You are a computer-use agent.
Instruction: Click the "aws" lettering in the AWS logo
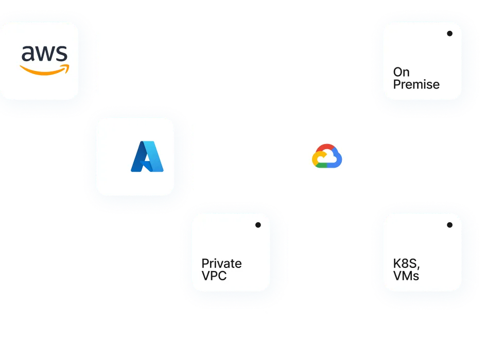tap(45, 54)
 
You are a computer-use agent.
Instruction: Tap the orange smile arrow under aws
tap(44, 70)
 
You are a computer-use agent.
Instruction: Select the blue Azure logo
tap(147, 156)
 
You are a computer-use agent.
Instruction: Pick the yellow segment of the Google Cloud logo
tap(315, 159)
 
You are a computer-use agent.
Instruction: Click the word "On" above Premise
tap(401, 72)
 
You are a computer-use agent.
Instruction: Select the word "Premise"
tap(416, 84)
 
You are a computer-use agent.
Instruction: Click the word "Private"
tap(221, 263)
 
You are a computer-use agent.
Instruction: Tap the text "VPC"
tap(214, 276)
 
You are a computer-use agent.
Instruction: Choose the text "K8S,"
tap(407, 263)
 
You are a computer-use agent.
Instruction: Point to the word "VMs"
tap(406, 276)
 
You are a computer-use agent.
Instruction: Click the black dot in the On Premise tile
tap(449, 33)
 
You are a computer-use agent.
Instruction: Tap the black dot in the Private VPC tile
tap(258, 225)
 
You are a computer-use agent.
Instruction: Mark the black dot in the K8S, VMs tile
tap(449, 225)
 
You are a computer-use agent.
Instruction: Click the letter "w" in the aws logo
tap(45, 54)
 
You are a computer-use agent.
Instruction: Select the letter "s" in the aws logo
tap(61, 54)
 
